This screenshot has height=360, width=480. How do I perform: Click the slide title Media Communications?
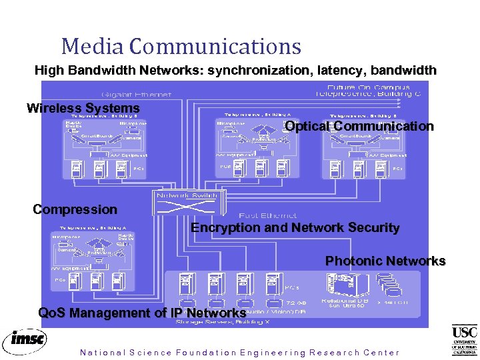tap(181, 46)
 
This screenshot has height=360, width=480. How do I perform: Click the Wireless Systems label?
tap(83, 108)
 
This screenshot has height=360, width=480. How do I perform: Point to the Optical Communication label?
tap(359, 126)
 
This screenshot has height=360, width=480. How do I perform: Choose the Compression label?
tap(75, 209)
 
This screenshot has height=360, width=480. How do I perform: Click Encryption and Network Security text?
tap(295, 227)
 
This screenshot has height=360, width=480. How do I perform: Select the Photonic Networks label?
tap(385, 261)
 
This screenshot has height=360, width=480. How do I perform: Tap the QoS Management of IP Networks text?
tap(142, 313)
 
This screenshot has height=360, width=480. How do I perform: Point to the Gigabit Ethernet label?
tap(136, 95)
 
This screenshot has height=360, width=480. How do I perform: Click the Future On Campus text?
tap(369, 87)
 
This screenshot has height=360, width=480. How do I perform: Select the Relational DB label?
tap(343, 301)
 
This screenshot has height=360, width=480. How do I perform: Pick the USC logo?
tap(464, 340)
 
